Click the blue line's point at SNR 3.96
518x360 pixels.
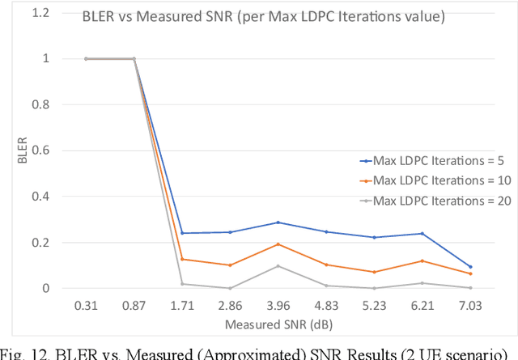coord(278,222)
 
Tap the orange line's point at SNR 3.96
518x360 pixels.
coord(278,244)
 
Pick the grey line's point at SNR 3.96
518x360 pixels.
coord(278,266)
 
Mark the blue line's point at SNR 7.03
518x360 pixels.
coord(469,267)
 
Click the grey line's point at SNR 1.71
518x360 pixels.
coord(181,284)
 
